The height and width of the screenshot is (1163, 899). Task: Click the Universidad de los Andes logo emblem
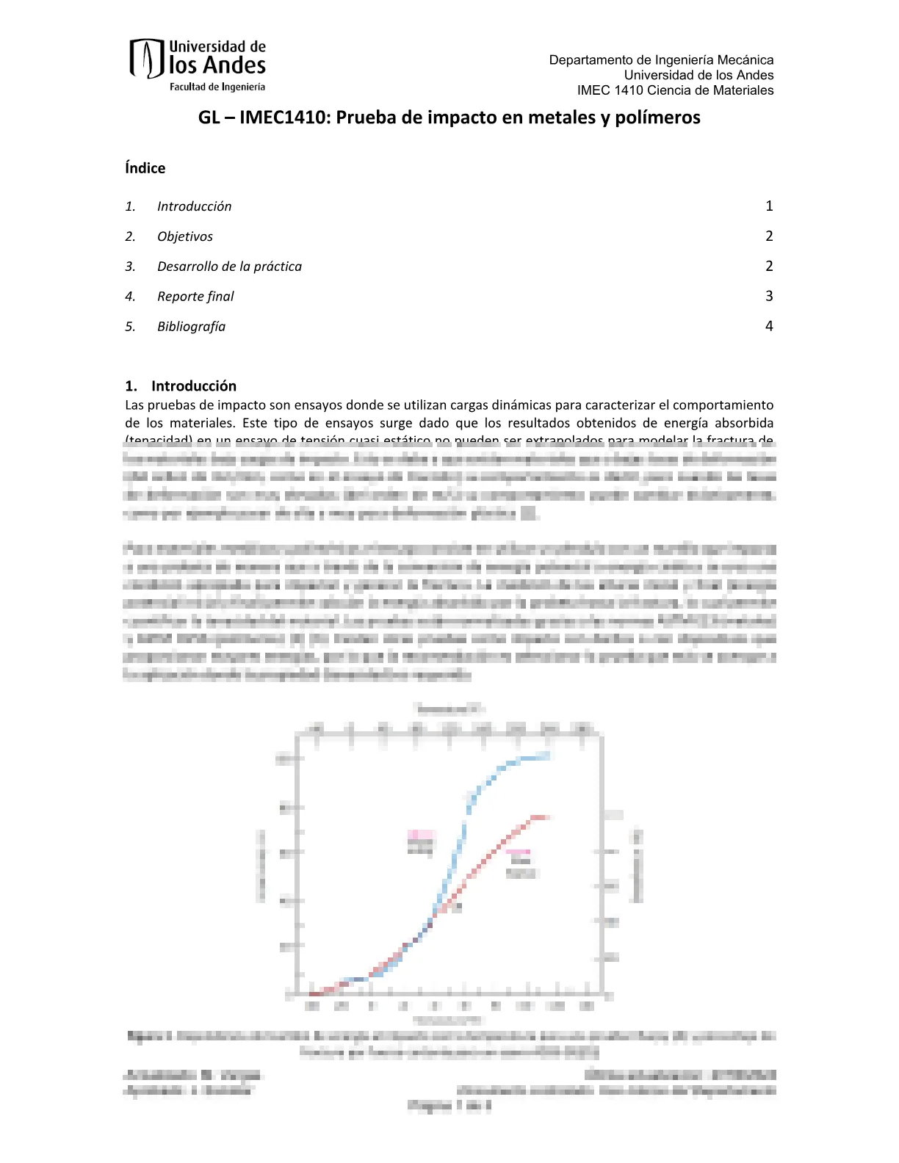pos(146,58)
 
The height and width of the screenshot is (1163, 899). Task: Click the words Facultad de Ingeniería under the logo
pos(217,87)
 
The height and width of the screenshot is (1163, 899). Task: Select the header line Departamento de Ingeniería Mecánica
pos(661,59)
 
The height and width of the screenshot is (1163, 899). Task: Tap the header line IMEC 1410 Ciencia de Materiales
pos(675,90)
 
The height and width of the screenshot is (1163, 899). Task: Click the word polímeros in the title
pos(661,117)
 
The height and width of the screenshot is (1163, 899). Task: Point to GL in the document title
pos(209,117)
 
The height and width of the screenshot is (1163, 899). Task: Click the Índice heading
pos(145,168)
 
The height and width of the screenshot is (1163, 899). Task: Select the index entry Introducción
pos(194,206)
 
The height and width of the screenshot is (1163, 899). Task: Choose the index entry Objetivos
pos(185,236)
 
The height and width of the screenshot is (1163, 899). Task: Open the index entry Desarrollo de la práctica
pos(229,267)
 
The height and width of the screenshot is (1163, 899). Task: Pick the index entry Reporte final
pos(195,297)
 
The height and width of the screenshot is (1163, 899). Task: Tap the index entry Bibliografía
pos(191,327)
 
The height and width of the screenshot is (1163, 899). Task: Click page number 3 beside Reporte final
pos(769,296)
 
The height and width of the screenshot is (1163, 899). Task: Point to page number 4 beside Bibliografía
pos(769,326)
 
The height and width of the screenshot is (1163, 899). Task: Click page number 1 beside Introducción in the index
pos(769,206)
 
